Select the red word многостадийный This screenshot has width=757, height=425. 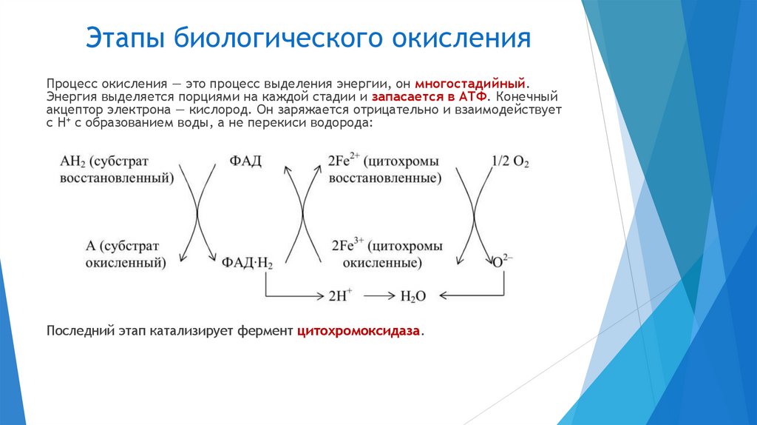point(472,84)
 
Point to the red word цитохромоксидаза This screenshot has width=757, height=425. point(359,331)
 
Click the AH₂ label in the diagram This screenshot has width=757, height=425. point(72,161)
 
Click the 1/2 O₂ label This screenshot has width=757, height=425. point(510,161)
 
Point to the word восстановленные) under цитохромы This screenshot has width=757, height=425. point(385,178)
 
